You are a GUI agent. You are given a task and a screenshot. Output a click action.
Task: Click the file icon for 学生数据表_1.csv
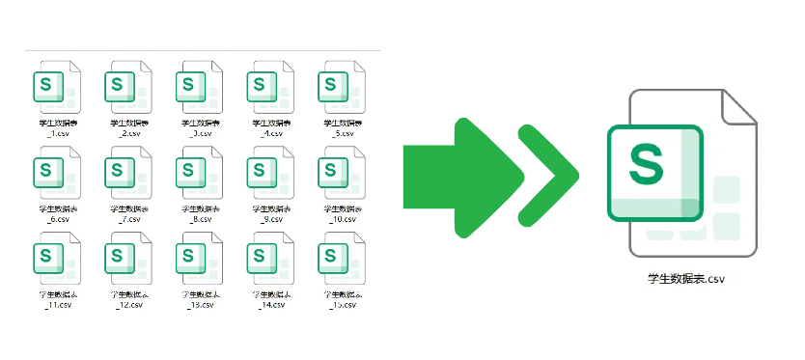(x=54, y=89)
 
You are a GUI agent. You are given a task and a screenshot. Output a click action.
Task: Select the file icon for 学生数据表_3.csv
(x=197, y=89)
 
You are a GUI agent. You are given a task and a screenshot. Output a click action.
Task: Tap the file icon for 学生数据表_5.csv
(x=340, y=89)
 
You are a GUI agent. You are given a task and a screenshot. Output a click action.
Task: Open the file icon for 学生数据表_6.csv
(x=54, y=175)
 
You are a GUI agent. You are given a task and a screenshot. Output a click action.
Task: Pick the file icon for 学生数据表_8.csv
(x=197, y=175)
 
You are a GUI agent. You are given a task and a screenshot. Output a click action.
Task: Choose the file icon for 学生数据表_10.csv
(x=340, y=175)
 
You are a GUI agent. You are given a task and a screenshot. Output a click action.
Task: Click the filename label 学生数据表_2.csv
(x=125, y=128)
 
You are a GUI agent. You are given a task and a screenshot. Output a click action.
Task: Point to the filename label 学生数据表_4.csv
(x=268, y=128)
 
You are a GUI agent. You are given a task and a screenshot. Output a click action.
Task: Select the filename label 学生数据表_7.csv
(x=125, y=214)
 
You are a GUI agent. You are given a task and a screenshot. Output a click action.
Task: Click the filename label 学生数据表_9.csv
(x=268, y=214)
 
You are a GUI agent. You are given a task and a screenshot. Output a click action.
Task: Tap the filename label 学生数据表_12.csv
(x=125, y=299)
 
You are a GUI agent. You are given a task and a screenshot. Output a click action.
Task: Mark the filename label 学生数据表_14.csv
(x=268, y=299)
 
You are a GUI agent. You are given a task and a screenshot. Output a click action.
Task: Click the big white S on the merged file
(x=647, y=163)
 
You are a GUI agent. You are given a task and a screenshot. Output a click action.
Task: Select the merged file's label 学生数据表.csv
(x=686, y=280)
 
